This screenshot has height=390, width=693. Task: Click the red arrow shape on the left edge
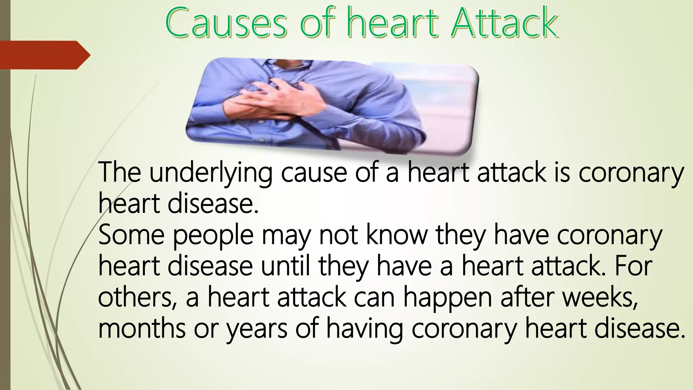pos(44,55)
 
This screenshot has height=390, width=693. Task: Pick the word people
pos(213,236)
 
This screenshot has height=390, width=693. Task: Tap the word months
pos(142,329)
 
